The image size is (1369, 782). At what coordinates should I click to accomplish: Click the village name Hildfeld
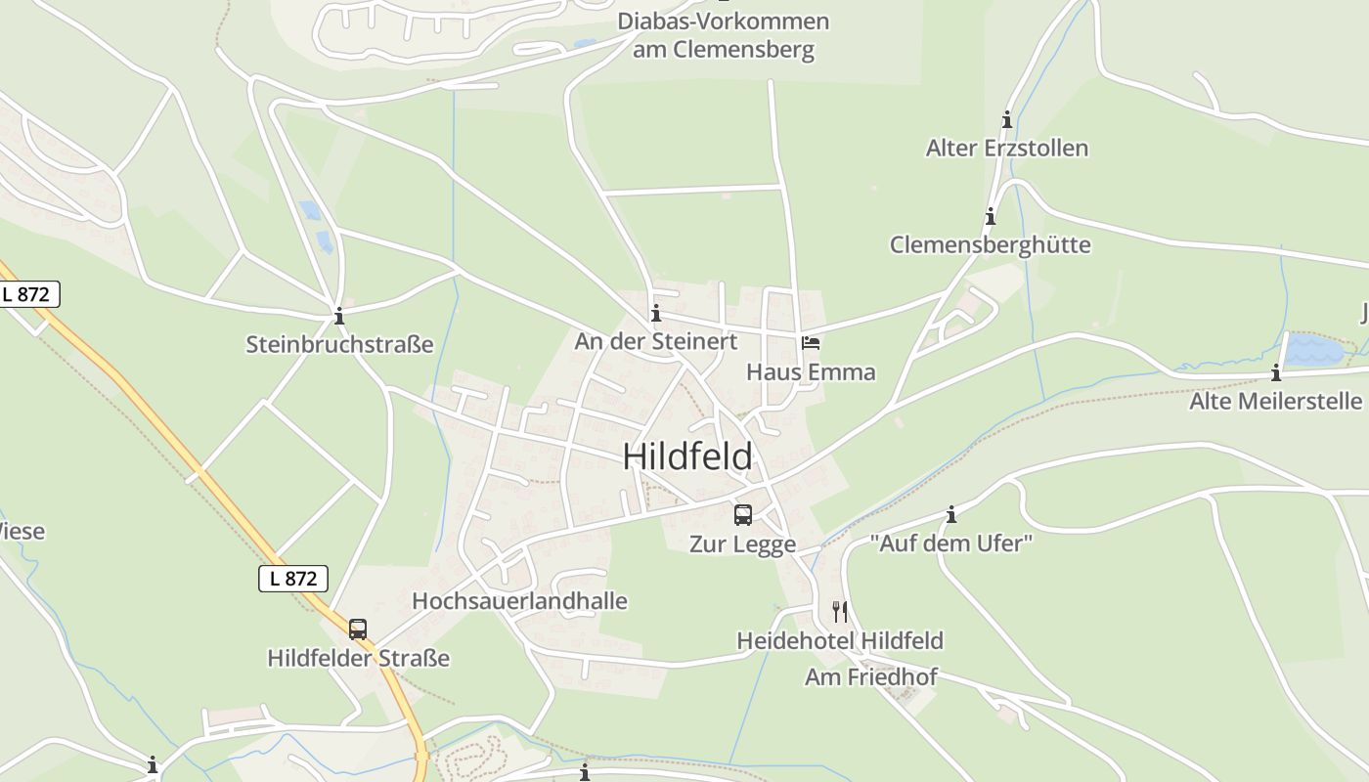click(688, 456)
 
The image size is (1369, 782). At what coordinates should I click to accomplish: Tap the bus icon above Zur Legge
click(743, 514)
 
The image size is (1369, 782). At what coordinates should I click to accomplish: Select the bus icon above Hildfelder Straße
click(358, 629)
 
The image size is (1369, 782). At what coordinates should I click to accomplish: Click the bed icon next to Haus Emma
click(811, 343)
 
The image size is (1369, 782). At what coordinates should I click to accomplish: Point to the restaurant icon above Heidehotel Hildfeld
click(840, 612)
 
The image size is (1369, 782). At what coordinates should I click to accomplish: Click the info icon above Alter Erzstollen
click(1007, 120)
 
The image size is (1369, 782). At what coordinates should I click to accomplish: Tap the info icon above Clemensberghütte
click(991, 217)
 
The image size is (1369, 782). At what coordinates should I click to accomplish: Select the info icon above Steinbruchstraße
click(339, 316)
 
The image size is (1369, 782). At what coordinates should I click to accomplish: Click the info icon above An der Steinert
click(656, 314)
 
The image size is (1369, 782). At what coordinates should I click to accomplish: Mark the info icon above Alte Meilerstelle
click(1276, 372)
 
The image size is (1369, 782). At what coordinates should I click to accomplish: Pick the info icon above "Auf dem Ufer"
click(951, 514)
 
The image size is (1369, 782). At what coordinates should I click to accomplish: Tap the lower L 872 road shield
click(293, 578)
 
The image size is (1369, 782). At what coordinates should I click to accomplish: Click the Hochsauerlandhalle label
click(519, 600)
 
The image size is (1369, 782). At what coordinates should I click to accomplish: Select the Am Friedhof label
click(870, 676)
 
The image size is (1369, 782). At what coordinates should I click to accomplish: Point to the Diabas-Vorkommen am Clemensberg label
click(723, 35)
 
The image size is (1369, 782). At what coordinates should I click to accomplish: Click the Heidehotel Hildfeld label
click(840, 641)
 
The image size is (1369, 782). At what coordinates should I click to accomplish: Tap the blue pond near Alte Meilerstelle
click(1312, 350)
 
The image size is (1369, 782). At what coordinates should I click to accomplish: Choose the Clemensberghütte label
click(990, 244)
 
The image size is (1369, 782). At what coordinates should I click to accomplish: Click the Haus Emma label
click(811, 372)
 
